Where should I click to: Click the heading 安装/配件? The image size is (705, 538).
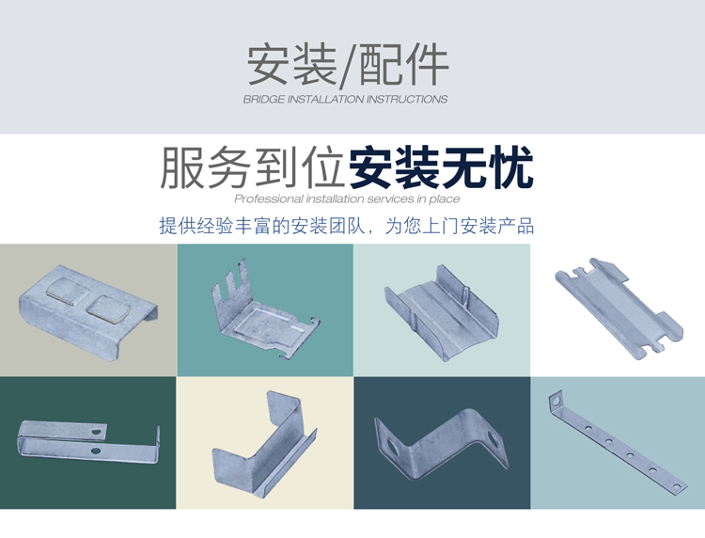pyautogui.click(x=348, y=64)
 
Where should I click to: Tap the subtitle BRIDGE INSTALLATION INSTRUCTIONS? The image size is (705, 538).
pyautogui.click(x=345, y=100)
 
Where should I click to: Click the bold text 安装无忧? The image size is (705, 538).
pyautogui.click(x=441, y=167)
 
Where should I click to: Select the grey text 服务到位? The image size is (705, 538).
pyautogui.click(x=253, y=167)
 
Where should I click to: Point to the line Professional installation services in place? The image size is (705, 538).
pyautogui.click(x=347, y=198)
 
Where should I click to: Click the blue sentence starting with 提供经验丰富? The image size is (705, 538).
pyautogui.click(x=347, y=226)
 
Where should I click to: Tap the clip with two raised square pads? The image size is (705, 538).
pyautogui.click(x=88, y=311)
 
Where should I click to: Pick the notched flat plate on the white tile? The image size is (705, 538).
pyautogui.click(x=619, y=309)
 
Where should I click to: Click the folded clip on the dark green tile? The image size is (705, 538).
pyautogui.click(x=88, y=442)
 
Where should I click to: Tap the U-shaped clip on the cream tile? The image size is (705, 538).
pyautogui.click(x=264, y=445)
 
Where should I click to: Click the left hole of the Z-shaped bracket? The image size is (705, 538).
pyautogui.click(x=392, y=447)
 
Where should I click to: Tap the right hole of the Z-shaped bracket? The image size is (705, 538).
pyautogui.click(x=493, y=439)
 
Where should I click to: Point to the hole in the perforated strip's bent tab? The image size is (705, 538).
pyautogui.click(x=557, y=400)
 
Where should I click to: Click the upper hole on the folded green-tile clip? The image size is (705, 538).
pyautogui.click(x=96, y=432)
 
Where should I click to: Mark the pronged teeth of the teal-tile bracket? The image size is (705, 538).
pyautogui.click(x=230, y=277)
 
